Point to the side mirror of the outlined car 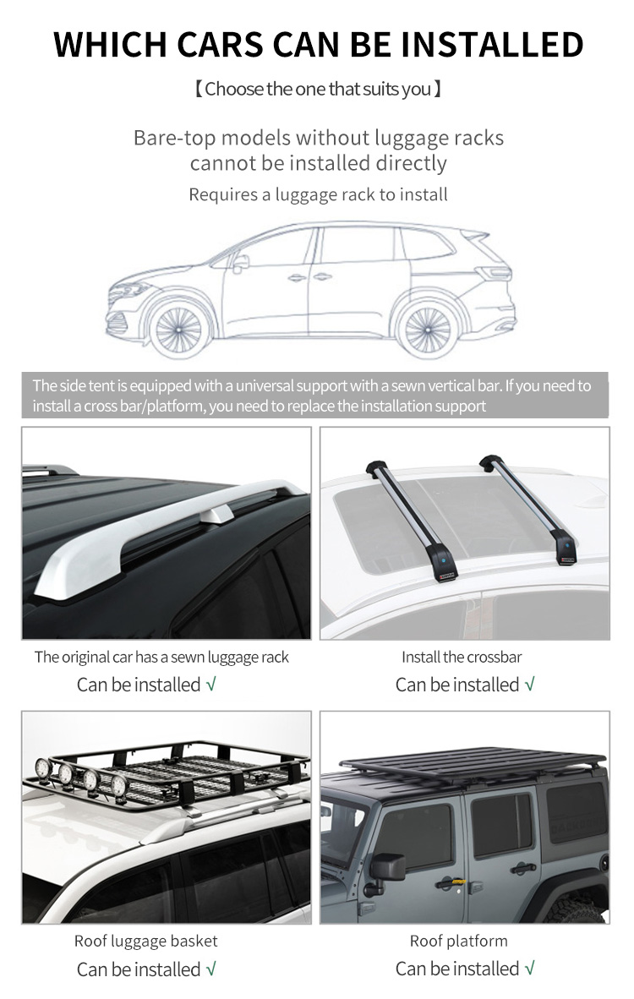click(x=240, y=263)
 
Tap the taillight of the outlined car click(x=495, y=273)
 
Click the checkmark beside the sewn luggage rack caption click(x=210, y=685)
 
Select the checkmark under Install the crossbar click(x=529, y=685)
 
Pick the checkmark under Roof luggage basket click(x=210, y=969)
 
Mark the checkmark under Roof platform click(x=529, y=969)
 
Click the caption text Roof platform click(x=459, y=941)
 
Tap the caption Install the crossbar click(x=462, y=657)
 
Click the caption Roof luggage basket click(x=146, y=941)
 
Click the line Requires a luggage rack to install click(x=318, y=194)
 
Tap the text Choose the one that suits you click(x=318, y=90)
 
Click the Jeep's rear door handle click(x=522, y=867)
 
